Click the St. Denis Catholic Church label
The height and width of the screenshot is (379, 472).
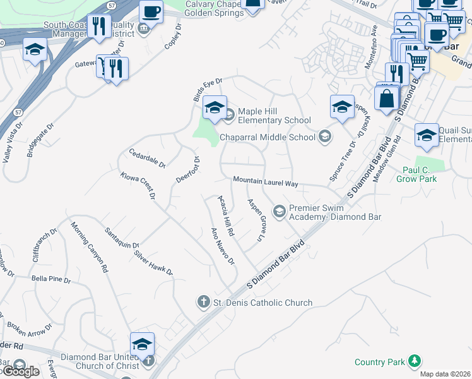[x=263, y=303]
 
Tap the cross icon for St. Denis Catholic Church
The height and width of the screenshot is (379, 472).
[x=204, y=302]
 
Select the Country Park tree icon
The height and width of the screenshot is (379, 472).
[x=414, y=361]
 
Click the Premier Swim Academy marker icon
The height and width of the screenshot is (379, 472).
[x=278, y=209]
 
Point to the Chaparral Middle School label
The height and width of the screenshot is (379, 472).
[x=268, y=137]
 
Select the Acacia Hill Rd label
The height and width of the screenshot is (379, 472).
[x=226, y=215]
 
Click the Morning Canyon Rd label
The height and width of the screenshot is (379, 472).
[x=89, y=247]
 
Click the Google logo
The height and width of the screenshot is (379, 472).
[x=20, y=371]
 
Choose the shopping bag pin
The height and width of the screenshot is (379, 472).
[x=386, y=99]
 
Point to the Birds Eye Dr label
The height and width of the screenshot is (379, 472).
[x=208, y=90]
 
